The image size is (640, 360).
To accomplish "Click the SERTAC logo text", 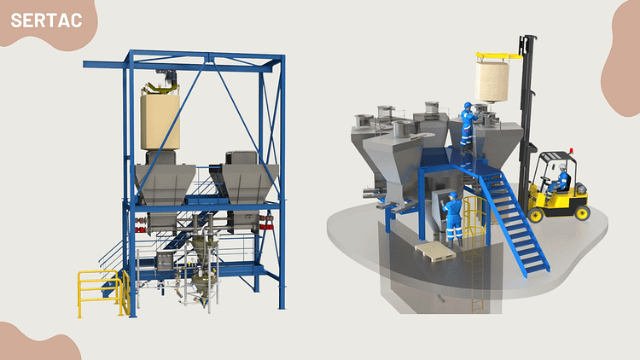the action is (x=46, y=20).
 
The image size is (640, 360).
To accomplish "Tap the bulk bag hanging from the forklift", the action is (x=492, y=82).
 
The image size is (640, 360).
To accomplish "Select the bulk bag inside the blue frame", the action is (x=160, y=122).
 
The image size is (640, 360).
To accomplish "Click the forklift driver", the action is (x=560, y=180).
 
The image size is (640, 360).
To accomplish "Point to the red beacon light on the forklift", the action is (x=571, y=151).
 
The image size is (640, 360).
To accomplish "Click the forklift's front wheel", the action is (x=536, y=215).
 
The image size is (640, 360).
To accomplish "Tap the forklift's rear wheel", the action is (x=582, y=212).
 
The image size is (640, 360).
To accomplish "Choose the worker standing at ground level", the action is (x=453, y=219).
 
